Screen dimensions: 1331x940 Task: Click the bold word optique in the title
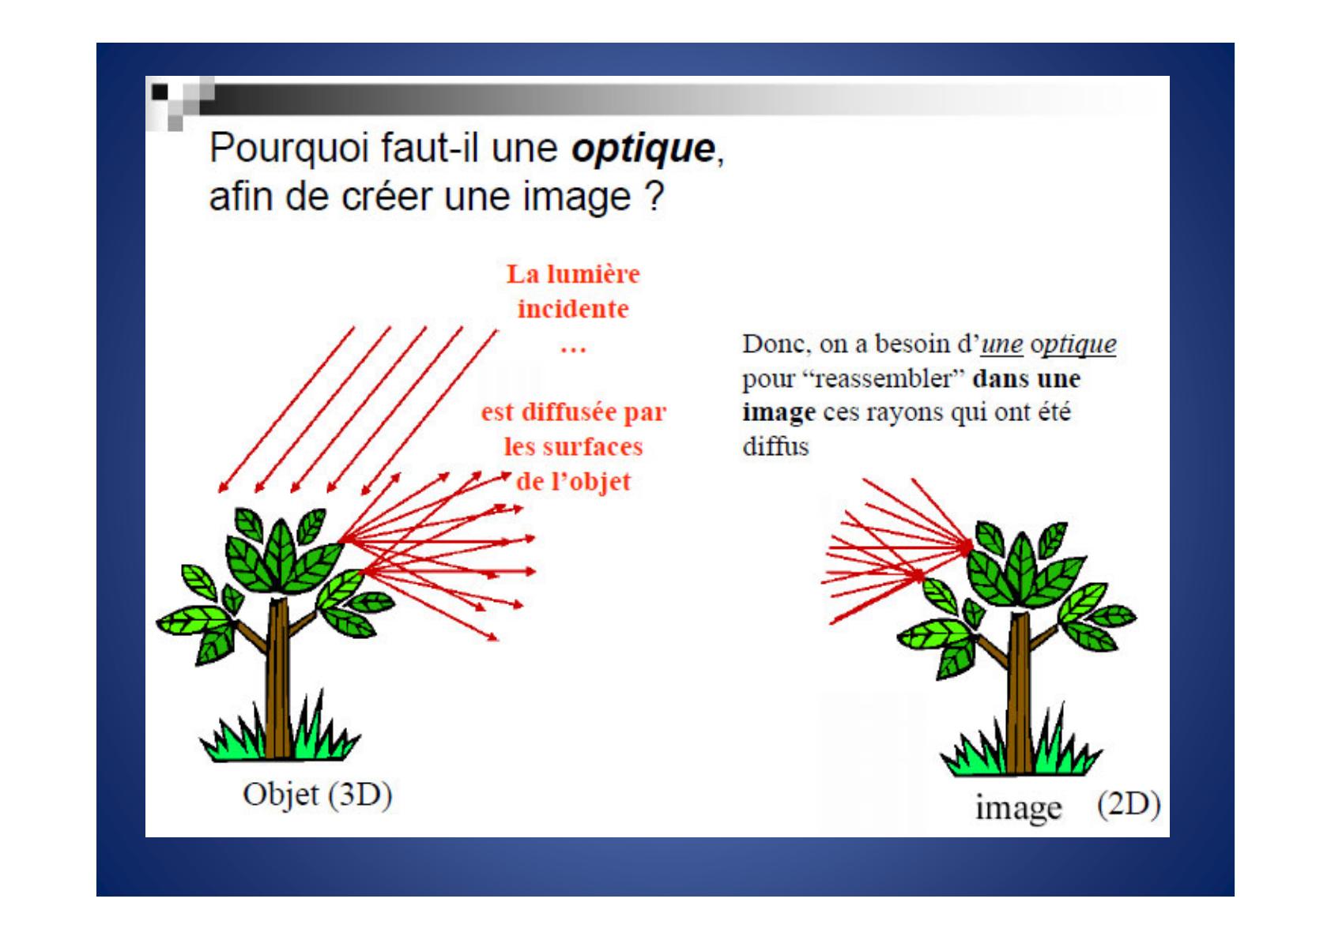click(x=643, y=149)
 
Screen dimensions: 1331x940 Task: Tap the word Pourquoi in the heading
click(x=288, y=149)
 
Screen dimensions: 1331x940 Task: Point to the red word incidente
click(x=573, y=309)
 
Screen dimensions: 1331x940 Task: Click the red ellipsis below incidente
click(x=573, y=350)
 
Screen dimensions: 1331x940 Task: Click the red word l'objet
click(x=590, y=482)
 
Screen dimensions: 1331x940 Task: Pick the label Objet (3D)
click(x=318, y=795)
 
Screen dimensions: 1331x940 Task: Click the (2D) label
click(x=1129, y=806)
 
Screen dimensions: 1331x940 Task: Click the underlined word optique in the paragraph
click(x=1073, y=344)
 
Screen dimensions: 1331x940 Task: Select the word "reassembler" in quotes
click(x=883, y=378)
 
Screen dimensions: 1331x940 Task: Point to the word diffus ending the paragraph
click(x=775, y=446)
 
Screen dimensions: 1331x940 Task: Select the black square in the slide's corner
click(x=159, y=92)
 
